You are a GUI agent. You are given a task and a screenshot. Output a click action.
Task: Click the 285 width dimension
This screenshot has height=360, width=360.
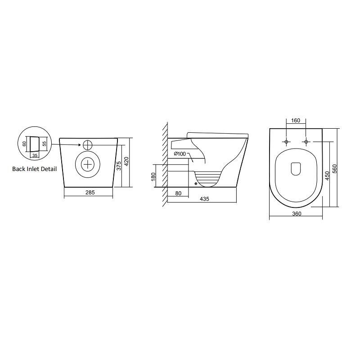[x=90, y=193]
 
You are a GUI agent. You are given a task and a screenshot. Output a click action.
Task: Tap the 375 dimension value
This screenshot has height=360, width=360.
[x=118, y=165]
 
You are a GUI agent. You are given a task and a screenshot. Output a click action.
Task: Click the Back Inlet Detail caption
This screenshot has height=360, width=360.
[x=35, y=169]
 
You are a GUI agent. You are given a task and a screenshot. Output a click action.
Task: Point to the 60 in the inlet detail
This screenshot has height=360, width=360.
[x=25, y=144]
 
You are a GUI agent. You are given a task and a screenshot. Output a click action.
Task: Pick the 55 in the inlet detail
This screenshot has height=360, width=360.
[x=45, y=144]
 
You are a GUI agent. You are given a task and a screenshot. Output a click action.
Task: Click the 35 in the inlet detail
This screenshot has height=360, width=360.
[x=35, y=155]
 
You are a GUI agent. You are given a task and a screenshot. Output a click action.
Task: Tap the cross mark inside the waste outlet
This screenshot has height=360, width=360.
[x=87, y=164]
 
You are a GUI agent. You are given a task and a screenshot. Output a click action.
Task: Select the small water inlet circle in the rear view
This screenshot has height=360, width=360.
[x=87, y=145]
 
